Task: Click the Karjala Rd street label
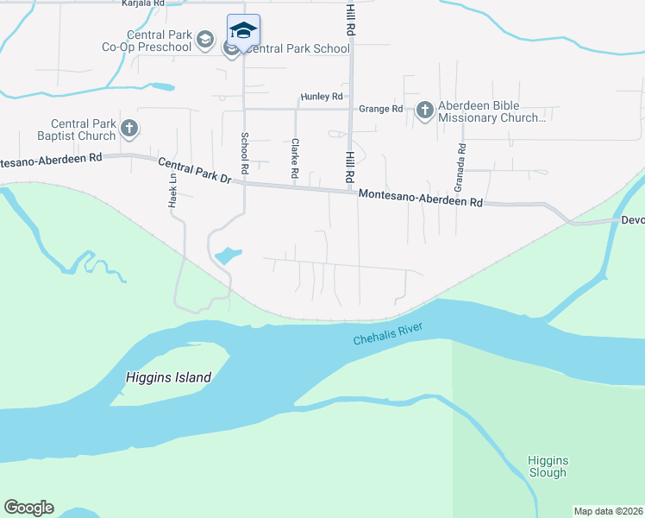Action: [x=143, y=3]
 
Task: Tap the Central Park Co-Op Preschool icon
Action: [x=204, y=39]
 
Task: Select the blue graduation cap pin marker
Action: [x=243, y=31]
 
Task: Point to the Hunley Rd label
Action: [x=322, y=97]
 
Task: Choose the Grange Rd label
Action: [x=381, y=109]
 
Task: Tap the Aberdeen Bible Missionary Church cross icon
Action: [x=424, y=110]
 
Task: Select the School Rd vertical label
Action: [x=245, y=150]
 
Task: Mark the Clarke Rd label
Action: [x=295, y=159]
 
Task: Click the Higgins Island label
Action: [x=168, y=377]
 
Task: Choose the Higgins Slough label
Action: [x=548, y=466]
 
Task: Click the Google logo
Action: [x=28, y=508]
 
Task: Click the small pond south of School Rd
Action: [x=227, y=256]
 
